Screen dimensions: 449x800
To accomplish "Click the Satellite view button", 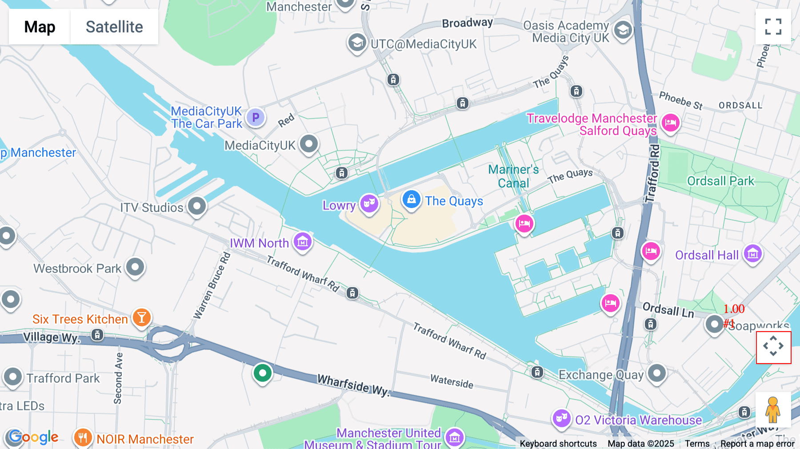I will (114, 27).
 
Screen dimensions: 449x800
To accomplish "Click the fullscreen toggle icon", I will (773, 27).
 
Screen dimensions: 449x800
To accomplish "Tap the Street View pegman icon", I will (773, 410).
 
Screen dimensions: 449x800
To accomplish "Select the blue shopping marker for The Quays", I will (411, 200).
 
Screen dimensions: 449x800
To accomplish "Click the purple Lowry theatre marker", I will (369, 204).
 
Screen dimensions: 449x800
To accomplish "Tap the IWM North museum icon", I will (303, 242).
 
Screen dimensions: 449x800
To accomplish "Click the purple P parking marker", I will (256, 117).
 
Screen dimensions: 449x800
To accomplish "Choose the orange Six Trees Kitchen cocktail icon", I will (142, 317).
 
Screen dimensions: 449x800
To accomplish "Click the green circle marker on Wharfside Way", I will (263, 373).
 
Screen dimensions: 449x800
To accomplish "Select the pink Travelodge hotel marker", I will (670, 122).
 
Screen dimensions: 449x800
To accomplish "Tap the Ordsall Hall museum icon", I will (752, 254).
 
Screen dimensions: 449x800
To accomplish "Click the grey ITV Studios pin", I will (197, 206).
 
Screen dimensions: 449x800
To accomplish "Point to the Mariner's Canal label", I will (513, 176).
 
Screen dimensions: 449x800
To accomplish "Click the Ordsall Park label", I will (720, 181).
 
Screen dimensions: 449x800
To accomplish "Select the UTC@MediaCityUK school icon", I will (356, 43).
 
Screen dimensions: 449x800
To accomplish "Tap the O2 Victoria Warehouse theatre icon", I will (561, 418).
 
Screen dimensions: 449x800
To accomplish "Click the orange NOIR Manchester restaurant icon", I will (83, 437).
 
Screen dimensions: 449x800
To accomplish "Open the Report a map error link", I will (757, 444).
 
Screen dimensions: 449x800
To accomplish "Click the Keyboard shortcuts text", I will (558, 444).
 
